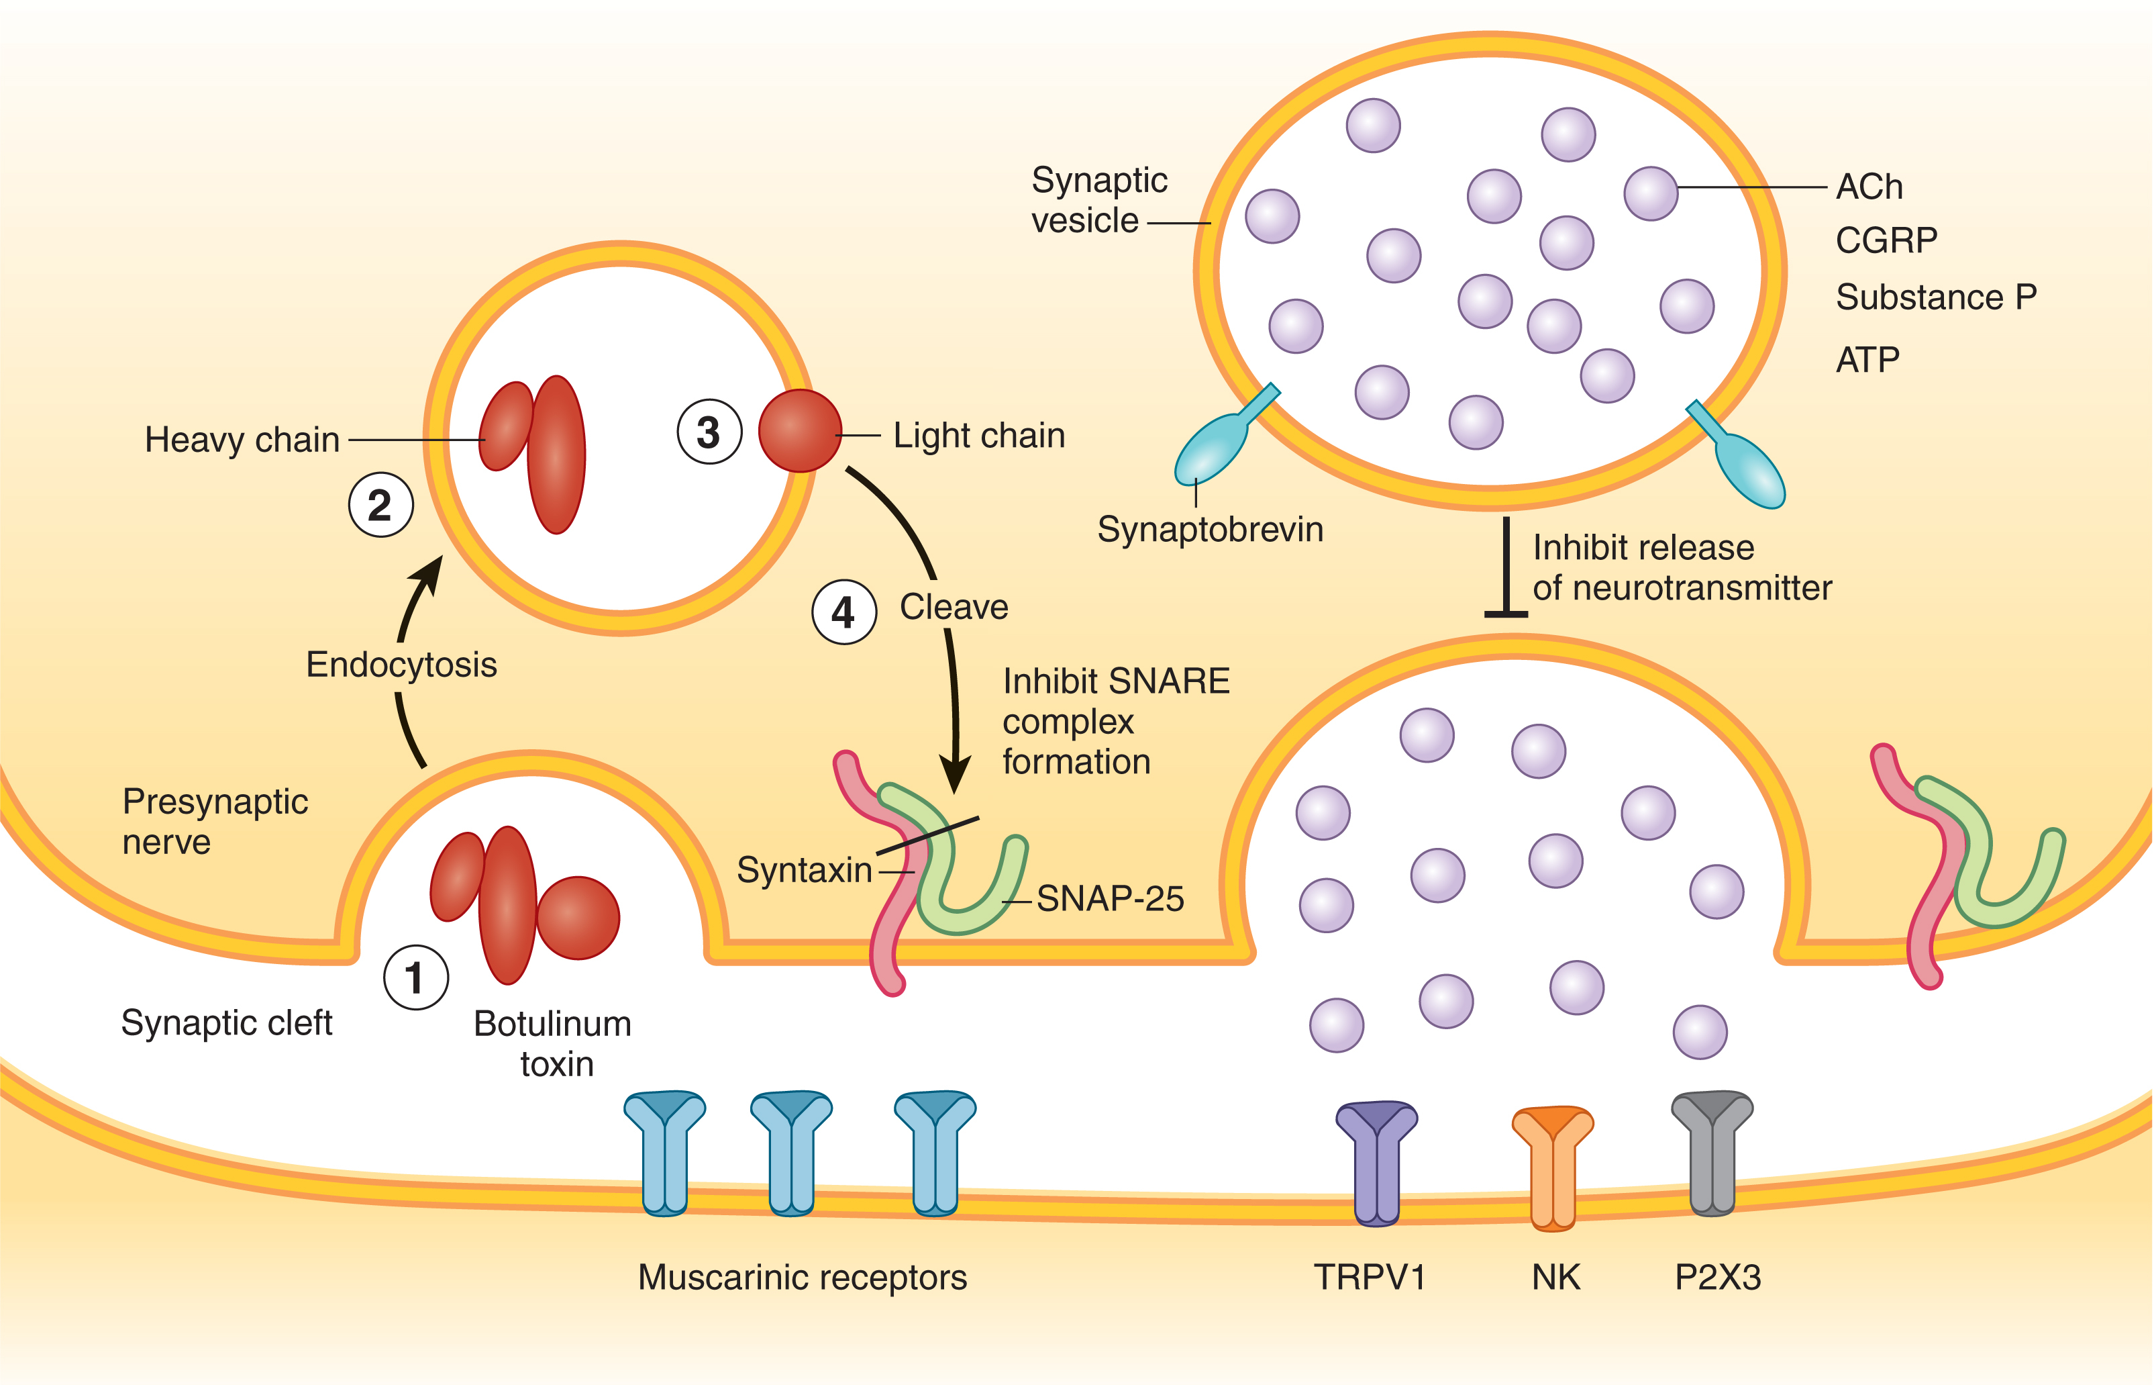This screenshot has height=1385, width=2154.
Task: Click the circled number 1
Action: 415,977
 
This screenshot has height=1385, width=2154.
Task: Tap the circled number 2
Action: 380,506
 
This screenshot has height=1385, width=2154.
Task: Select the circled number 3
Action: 709,432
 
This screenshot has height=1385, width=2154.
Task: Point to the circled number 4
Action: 843,612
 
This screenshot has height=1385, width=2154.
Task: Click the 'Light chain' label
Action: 978,436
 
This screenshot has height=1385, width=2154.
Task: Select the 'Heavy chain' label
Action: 242,440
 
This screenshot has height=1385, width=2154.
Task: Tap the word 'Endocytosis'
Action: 401,665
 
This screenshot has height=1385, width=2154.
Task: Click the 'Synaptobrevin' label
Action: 1210,530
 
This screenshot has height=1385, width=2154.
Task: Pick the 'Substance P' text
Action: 1935,297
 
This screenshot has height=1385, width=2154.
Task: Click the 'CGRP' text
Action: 1886,241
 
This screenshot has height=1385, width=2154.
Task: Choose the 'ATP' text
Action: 1867,361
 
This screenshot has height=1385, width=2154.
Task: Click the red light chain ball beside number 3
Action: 799,431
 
